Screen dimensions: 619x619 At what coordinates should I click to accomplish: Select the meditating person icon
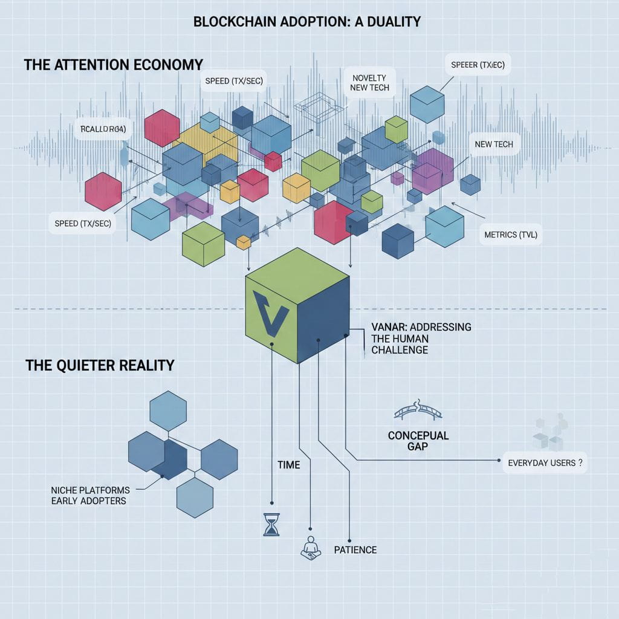pos(311,546)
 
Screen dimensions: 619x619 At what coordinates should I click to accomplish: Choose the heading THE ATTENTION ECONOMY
pos(114,65)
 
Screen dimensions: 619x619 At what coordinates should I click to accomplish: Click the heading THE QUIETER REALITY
pos(100,365)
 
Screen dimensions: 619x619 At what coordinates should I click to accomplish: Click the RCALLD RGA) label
pos(104,128)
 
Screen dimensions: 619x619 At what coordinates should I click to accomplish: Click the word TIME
pos(288,465)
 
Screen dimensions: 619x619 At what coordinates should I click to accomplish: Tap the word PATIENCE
pos(355,549)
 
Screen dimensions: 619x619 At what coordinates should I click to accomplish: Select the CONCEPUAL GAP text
pos(410,441)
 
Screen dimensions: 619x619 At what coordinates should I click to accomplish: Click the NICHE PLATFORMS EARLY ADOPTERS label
pos(89,495)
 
